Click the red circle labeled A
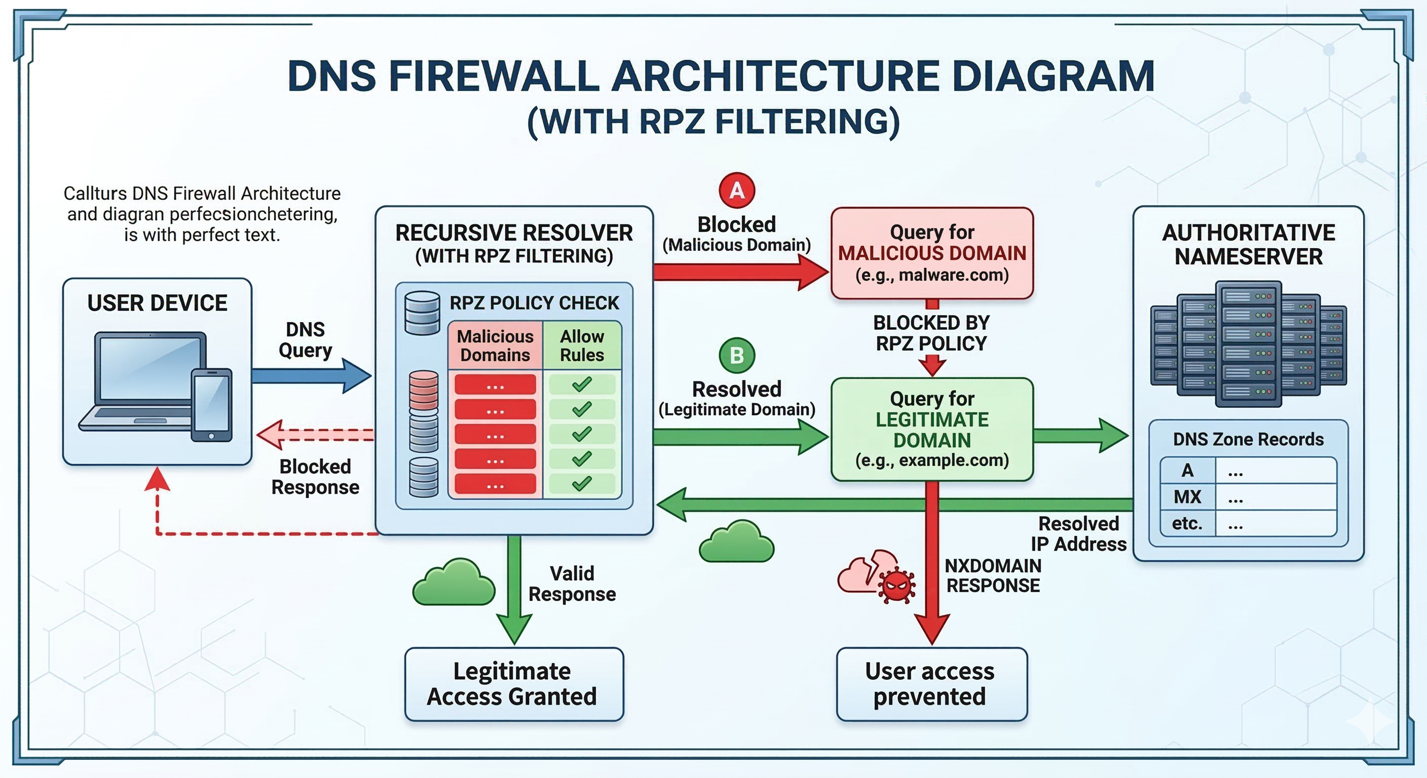737,190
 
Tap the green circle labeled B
737,356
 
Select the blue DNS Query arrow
310,376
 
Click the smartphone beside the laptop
212,405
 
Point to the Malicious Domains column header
495,345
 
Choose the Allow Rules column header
582,345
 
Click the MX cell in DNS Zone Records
1187,497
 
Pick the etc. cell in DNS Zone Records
1187,523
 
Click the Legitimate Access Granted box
513,684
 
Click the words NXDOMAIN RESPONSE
993,575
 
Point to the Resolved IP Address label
1078,534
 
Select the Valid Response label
572,583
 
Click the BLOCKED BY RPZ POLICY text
931,333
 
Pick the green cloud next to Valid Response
454,582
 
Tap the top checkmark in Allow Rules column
582,384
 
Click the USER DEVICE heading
157,303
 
